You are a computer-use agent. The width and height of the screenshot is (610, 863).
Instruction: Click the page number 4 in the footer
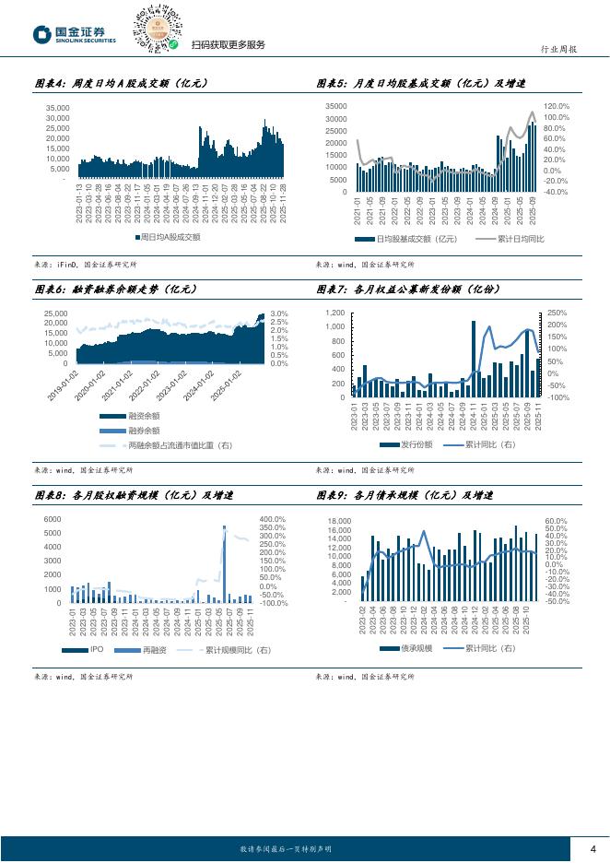coord(592,849)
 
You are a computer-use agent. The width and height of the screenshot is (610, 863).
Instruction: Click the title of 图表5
coord(419,83)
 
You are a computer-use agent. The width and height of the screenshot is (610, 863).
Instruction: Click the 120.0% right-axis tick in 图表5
coord(557,107)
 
